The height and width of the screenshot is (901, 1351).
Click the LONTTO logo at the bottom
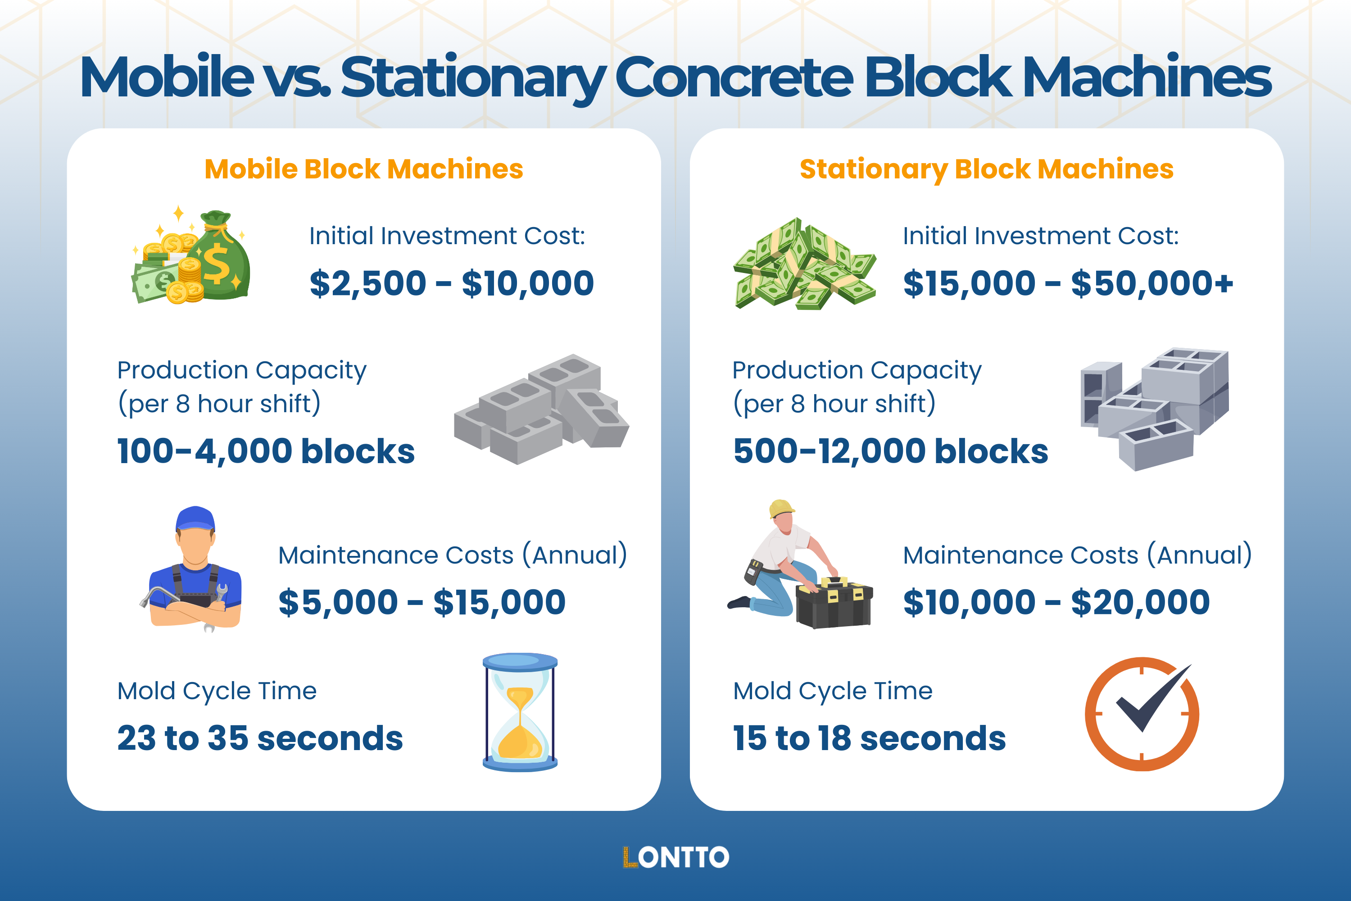click(675, 857)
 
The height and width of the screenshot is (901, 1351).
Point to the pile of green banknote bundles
click(804, 264)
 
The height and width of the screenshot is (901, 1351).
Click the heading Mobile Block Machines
click(363, 169)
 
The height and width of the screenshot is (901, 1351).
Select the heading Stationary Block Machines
click(986, 169)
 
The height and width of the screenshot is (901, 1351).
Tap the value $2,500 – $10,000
click(452, 283)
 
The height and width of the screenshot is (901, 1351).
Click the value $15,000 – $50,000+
click(1068, 283)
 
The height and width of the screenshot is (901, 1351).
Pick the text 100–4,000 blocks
click(265, 451)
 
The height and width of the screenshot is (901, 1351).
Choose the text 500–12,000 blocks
click(890, 451)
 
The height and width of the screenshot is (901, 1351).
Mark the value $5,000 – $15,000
click(422, 602)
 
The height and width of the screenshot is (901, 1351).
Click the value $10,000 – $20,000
click(1056, 602)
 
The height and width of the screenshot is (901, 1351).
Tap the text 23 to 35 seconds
click(260, 738)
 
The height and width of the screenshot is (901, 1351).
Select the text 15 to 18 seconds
click(869, 738)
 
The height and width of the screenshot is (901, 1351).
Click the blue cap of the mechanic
click(195, 519)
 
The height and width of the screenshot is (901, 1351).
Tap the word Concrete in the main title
click(734, 77)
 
